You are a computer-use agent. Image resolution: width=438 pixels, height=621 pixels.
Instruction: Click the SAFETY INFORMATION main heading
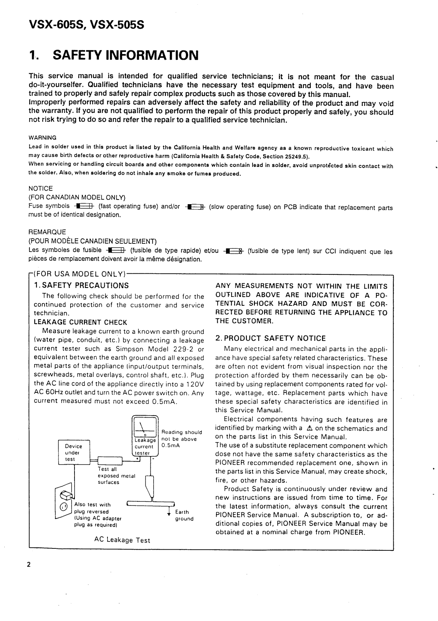(x=114, y=56)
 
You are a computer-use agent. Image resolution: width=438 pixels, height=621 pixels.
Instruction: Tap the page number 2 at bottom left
(x=29, y=564)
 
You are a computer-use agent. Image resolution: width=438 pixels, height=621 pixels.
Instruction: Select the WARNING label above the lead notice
(x=43, y=138)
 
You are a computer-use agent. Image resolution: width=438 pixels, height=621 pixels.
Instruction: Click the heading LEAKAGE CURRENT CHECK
(x=81, y=322)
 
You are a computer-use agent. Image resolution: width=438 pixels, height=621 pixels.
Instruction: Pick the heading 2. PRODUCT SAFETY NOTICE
(x=270, y=338)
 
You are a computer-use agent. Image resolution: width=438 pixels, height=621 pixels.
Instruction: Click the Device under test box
(x=73, y=453)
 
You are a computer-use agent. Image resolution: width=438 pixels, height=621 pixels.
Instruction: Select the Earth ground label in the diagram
(x=184, y=515)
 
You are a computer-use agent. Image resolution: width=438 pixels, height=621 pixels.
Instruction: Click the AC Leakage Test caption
(x=122, y=540)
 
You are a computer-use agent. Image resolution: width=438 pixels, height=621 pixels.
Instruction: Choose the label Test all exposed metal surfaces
(x=116, y=476)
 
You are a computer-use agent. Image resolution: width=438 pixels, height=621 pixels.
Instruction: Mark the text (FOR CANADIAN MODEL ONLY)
(x=77, y=197)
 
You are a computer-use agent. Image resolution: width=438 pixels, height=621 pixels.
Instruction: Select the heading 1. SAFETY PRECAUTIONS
(x=81, y=286)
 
